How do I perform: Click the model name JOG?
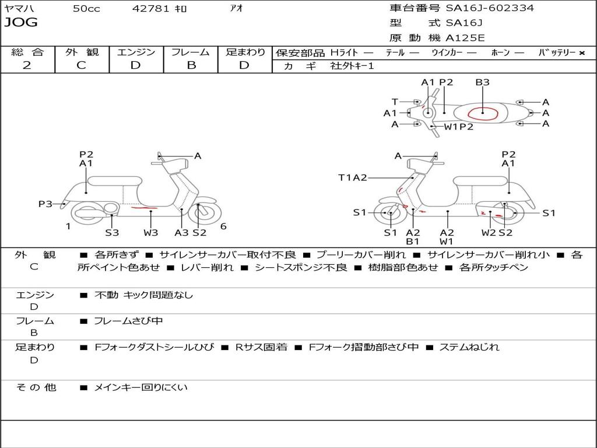[x=20, y=23]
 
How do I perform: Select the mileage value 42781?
[x=151, y=8]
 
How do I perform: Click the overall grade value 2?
[x=27, y=65]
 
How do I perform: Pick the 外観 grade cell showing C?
[x=81, y=65]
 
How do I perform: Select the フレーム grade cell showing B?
[x=191, y=65]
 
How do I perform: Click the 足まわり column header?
[x=245, y=52]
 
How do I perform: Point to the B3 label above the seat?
[x=482, y=82]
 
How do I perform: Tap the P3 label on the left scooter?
[x=45, y=204]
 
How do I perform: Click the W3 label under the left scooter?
[x=150, y=233]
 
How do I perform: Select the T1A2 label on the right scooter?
[x=353, y=178]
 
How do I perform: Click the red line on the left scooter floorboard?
[x=144, y=208]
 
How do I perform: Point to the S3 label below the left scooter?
[x=112, y=233]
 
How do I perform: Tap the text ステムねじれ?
[x=469, y=347]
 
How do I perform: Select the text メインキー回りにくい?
[x=141, y=387]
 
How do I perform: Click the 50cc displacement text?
[x=86, y=8]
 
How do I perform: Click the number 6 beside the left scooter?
[x=223, y=226]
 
